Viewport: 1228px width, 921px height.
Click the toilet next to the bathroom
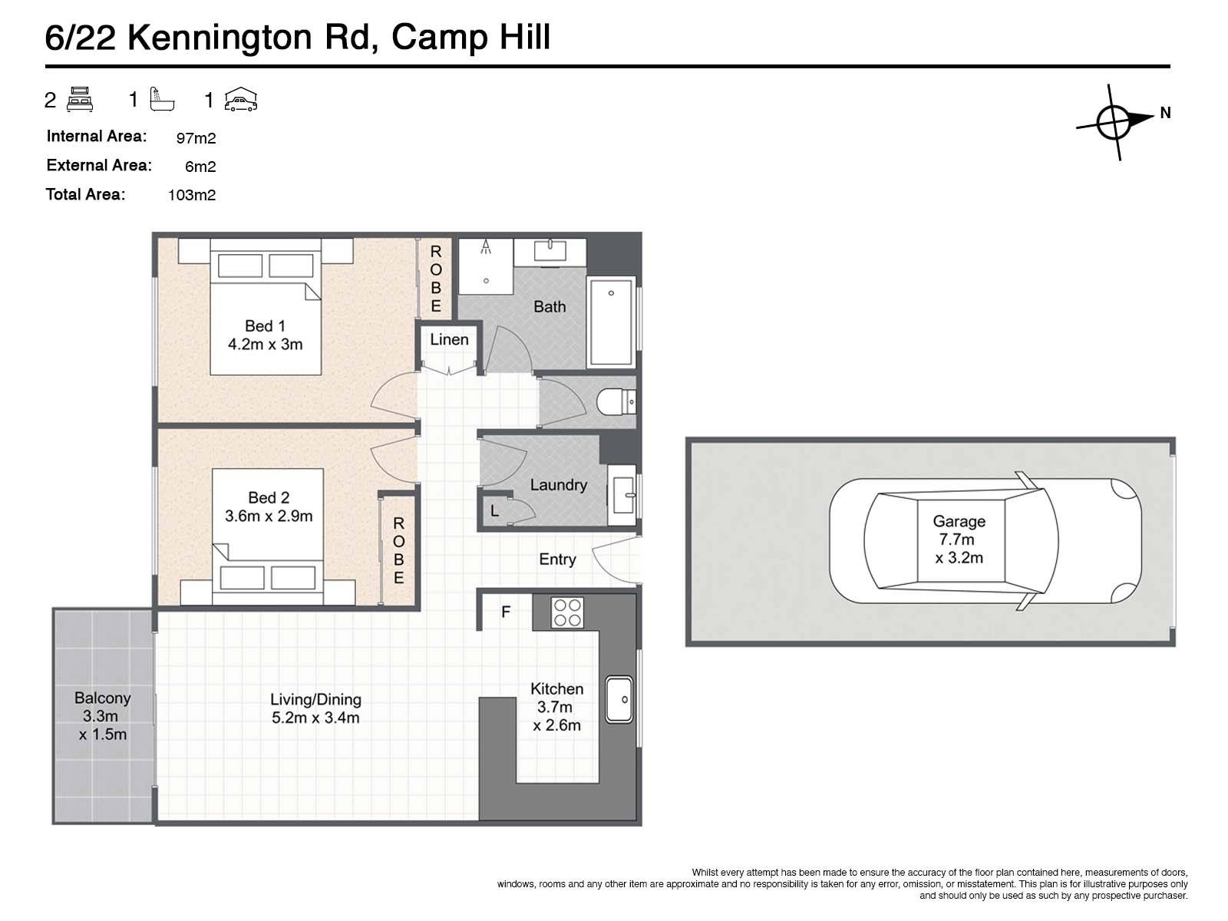pyautogui.click(x=616, y=401)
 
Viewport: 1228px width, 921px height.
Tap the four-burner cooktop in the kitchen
pyautogui.click(x=567, y=612)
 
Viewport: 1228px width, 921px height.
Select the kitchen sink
pyautogui.click(x=619, y=699)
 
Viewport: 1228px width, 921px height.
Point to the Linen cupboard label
pyautogui.click(x=449, y=339)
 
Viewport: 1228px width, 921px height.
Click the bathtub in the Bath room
pyautogui.click(x=611, y=322)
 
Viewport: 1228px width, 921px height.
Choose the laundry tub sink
pyautogui.click(x=622, y=495)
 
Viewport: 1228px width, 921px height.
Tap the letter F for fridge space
pyautogui.click(x=506, y=612)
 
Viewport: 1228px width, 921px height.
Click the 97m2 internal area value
pyautogui.click(x=196, y=138)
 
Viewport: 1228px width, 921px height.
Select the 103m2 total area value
pyautogui.click(x=192, y=195)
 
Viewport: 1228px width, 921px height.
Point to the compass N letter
pyautogui.click(x=1165, y=113)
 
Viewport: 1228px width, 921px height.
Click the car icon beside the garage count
pyautogui.click(x=240, y=100)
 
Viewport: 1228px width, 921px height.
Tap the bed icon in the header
pyautogui.click(x=80, y=100)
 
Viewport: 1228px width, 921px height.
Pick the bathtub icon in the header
pyautogui.click(x=162, y=100)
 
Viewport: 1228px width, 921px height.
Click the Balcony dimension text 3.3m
pyautogui.click(x=101, y=716)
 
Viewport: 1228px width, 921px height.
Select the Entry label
pyautogui.click(x=557, y=560)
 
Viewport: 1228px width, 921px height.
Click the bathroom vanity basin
pyautogui.click(x=550, y=250)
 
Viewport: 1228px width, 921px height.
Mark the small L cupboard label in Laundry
pyautogui.click(x=494, y=510)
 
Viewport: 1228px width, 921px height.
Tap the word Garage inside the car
pyautogui.click(x=959, y=521)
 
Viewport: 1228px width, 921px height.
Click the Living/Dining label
pyautogui.click(x=315, y=699)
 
